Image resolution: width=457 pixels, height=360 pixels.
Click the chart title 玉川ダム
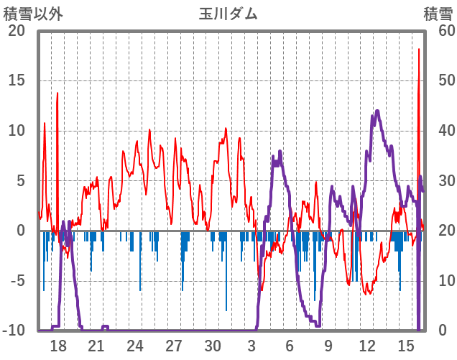point(228,14)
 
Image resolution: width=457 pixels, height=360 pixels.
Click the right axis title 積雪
point(437,14)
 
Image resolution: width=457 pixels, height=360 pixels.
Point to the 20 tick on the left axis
point(17,31)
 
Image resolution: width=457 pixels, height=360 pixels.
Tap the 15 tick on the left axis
point(17,80)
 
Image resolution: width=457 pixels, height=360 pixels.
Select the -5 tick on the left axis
point(17,280)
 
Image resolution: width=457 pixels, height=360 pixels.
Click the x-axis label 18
point(58,345)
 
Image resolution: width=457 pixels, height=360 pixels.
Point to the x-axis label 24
point(135,345)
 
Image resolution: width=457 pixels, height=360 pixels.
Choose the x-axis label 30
point(212,345)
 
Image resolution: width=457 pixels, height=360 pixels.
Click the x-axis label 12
point(367,345)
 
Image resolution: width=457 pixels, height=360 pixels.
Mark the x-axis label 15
point(406,345)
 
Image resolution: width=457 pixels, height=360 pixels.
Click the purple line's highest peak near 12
point(377,111)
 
